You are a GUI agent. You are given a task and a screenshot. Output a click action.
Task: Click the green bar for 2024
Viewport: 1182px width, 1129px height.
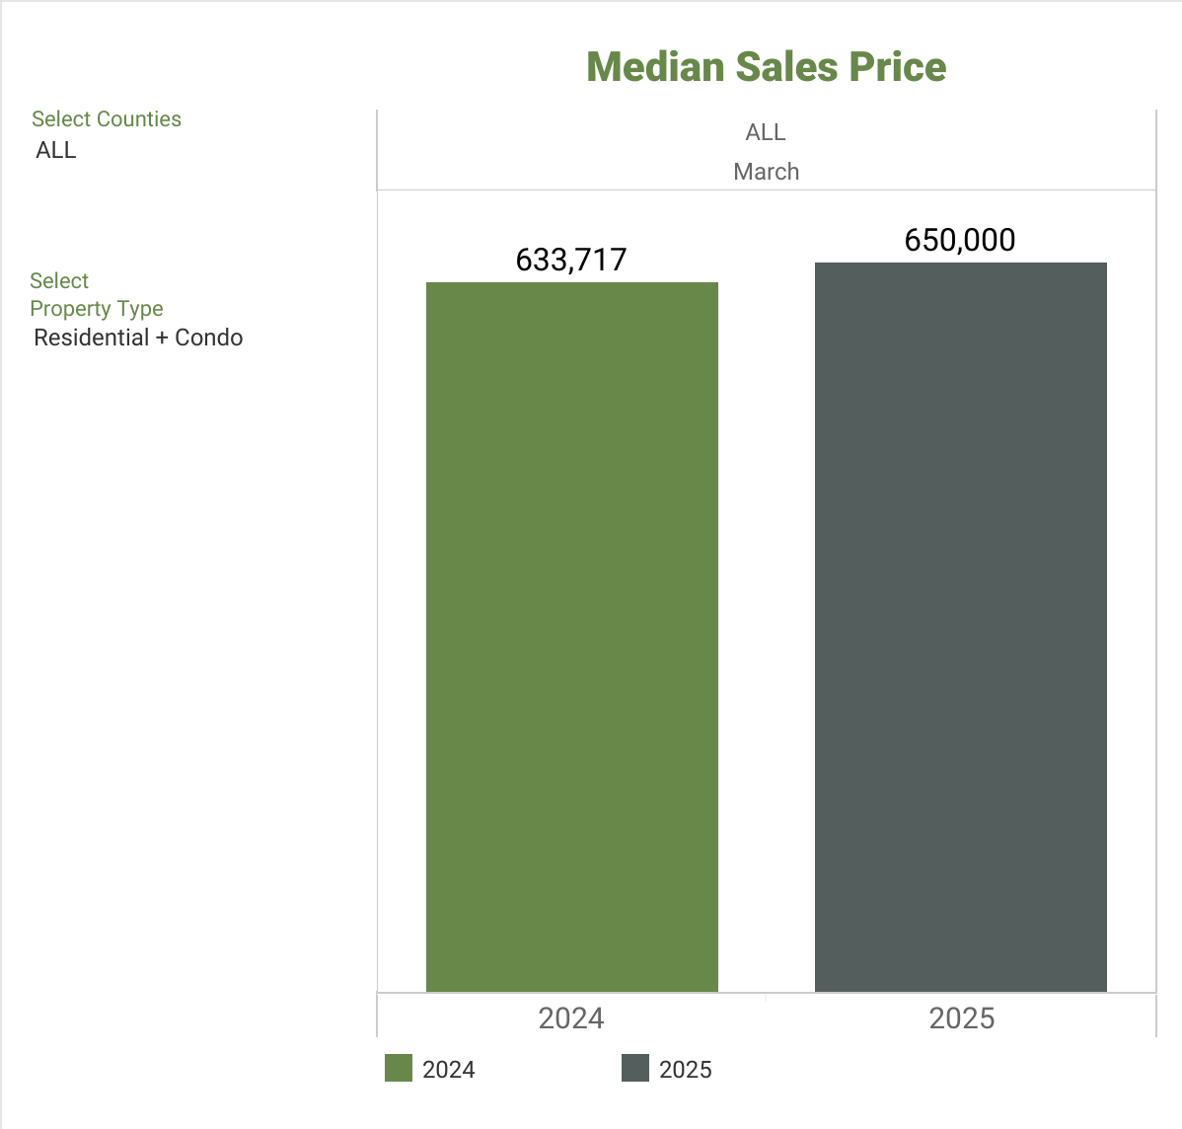click(x=571, y=637)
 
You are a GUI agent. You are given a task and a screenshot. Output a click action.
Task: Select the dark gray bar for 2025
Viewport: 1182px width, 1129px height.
click(x=960, y=627)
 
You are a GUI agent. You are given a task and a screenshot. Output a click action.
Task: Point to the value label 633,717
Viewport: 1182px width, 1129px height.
click(x=571, y=260)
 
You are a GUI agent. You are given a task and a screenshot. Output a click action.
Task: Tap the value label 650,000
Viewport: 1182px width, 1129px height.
click(x=960, y=240)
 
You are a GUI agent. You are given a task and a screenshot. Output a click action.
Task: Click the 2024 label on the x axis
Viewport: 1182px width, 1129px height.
click(x=571, y=1018)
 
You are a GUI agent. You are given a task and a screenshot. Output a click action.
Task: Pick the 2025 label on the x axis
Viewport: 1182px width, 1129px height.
click(x=962, y=1018)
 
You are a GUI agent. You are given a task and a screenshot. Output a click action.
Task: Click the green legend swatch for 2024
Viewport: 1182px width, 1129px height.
click(x=398, y=1069)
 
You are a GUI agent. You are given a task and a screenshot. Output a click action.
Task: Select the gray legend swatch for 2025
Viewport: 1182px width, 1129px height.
click(x=634, y=1069)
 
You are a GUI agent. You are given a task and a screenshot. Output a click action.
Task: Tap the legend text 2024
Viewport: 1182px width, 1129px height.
click(x=449, y=1070)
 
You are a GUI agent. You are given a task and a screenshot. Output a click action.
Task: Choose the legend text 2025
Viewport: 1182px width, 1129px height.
click(x=686, y=1070)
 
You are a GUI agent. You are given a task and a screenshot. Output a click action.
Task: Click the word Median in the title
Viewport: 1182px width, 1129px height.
click(x=655, y=67)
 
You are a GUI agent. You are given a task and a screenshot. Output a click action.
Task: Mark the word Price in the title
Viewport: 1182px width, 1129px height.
click(x=898, y=67)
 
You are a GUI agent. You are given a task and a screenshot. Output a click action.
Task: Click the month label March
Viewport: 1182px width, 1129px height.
click(x=767, y=172)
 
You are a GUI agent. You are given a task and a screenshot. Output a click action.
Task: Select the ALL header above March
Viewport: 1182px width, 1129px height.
click(x=766, y=132)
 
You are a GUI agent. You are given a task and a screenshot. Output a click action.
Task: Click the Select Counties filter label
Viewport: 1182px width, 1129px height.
click(x=107, y=119)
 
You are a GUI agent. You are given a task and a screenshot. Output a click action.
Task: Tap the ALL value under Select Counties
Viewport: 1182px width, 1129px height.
click(x=56, y=150)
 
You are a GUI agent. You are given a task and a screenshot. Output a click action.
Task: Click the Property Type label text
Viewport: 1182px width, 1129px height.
click(x=97, y=309)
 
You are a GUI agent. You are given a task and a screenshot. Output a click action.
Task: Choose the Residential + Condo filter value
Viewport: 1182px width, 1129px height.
click(x=138, y=338)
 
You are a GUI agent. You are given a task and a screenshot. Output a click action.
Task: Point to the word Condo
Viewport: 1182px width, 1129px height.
click(x=208, y=338)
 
